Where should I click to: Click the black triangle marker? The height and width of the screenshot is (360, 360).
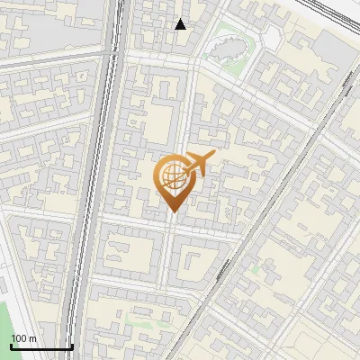pos(181,24)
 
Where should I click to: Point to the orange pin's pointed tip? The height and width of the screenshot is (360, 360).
pos(173,212)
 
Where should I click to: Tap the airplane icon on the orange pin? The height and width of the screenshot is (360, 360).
pos(198,164)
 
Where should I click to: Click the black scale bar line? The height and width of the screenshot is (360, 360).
pos(41,347)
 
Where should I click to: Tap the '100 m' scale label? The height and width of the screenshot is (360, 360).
pos(24,338)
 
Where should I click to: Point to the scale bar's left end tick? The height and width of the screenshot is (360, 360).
pos(11,346)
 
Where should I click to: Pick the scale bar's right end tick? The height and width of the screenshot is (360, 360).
pos(72,346)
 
